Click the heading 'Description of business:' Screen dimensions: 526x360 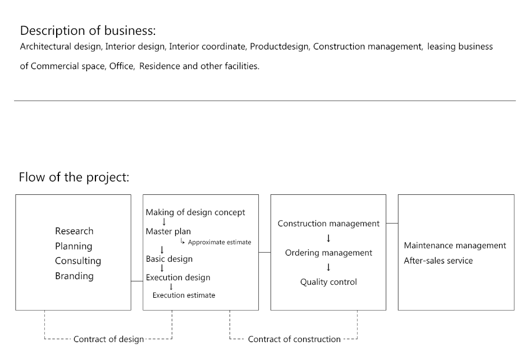click(88, 31)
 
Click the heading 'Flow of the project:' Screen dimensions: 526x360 click(74, 177)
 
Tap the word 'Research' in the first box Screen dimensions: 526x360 click(74, 231)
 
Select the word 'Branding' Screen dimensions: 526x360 click(74, 276)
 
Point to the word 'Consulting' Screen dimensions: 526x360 click(78, 261)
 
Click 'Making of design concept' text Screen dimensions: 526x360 click(195, 212)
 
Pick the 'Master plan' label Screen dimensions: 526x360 click(168, 231)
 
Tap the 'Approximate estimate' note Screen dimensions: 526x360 click(219, 242)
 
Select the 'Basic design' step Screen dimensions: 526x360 click(169, 259)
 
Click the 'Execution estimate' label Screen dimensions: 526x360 click(184, 295)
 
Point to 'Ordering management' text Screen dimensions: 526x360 click(328, 253)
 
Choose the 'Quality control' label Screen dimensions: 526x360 click(328, 282)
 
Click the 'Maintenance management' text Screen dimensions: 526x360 click(455, 245)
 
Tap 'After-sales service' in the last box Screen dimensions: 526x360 click(438, 261)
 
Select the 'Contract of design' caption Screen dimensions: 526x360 click(109, 339)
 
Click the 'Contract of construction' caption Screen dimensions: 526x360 click(294, 339)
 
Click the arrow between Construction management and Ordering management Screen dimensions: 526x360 click(328, 238)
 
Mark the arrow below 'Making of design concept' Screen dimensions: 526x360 click(164, 222)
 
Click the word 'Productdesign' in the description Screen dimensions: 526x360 click(279, 47)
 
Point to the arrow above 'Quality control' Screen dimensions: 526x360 click(328, 267)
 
